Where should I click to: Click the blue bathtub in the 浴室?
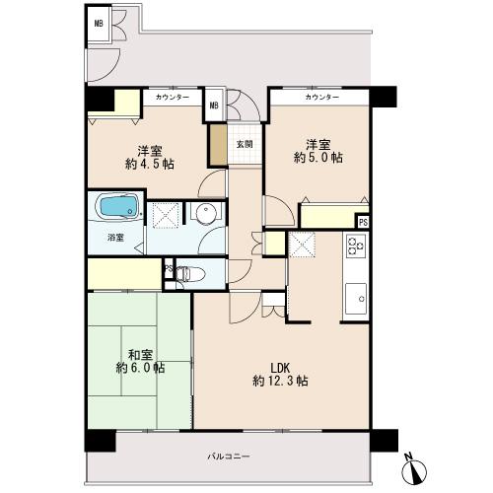point(118,206)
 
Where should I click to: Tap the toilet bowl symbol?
point(190,273)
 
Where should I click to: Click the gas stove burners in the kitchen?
point(356,246)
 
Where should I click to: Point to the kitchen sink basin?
point(356,299)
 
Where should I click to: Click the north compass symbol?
point(416,469)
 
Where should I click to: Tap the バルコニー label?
point(229,457)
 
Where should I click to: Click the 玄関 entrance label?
point(245,144)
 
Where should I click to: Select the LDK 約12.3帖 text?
point(280,375)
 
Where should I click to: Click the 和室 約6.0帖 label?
point(140,361)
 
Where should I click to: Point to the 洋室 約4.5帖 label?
point(150,158)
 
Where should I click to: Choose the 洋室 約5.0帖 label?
point(318,151)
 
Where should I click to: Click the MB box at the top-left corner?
point(99,24)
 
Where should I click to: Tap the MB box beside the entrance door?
point(214,106)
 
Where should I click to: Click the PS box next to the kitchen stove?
point(363,222)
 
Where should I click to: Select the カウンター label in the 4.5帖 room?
point(173,98)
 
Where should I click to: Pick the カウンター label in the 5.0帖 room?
point(321,98)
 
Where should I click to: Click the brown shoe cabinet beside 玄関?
point(219,145)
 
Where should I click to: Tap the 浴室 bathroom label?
point(115,238)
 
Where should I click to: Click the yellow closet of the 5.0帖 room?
point(329,216)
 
